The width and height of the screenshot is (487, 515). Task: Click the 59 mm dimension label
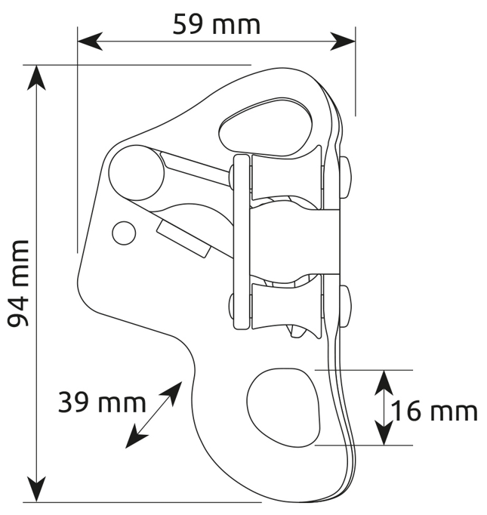pyautogui.click(x=217, y=24)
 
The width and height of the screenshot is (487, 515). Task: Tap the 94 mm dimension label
pyautogui.click(x=18, y=283)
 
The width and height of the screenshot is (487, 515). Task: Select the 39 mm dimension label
pyautogui.click(x=102, y=403)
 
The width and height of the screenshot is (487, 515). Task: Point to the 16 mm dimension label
pyautogui.click(x=434, y=412)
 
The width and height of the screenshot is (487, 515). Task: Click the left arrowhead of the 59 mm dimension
pyautogui.click(x=90, y=42)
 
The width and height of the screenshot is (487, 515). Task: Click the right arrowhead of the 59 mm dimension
pyautogui.click(x=343, y=42)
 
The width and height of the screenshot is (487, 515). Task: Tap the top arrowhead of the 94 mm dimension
pyautogui.click(x=36, y=78)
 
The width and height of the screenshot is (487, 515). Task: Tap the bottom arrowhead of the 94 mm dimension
pyautogui.click(x=36, y=490)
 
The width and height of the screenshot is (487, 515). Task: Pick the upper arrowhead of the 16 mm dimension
pyautogui.click(x=384, y=383)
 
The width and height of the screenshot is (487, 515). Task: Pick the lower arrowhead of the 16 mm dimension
pyautogui.click(x=384, y=433)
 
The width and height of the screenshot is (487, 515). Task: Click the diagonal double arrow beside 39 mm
pyautogui.click(x=153, y=415)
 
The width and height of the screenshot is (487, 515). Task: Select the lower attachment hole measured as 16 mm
pyautogui.click(x=283, y=408)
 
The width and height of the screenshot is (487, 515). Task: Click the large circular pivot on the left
pyautogui.click(x=137, y=173)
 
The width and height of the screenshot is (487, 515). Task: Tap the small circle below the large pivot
pyautogui.click(x=124, y=233)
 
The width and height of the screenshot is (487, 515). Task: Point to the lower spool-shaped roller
pyautogui.click(x=285, y=307)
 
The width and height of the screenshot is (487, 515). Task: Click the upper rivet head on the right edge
pyautogui.click(x=345, y=177)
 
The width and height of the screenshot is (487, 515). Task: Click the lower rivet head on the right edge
pyautogui.click(x=345, y=307)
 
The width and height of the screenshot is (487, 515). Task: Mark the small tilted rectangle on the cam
pyautogui.click(x=183, y=239)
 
